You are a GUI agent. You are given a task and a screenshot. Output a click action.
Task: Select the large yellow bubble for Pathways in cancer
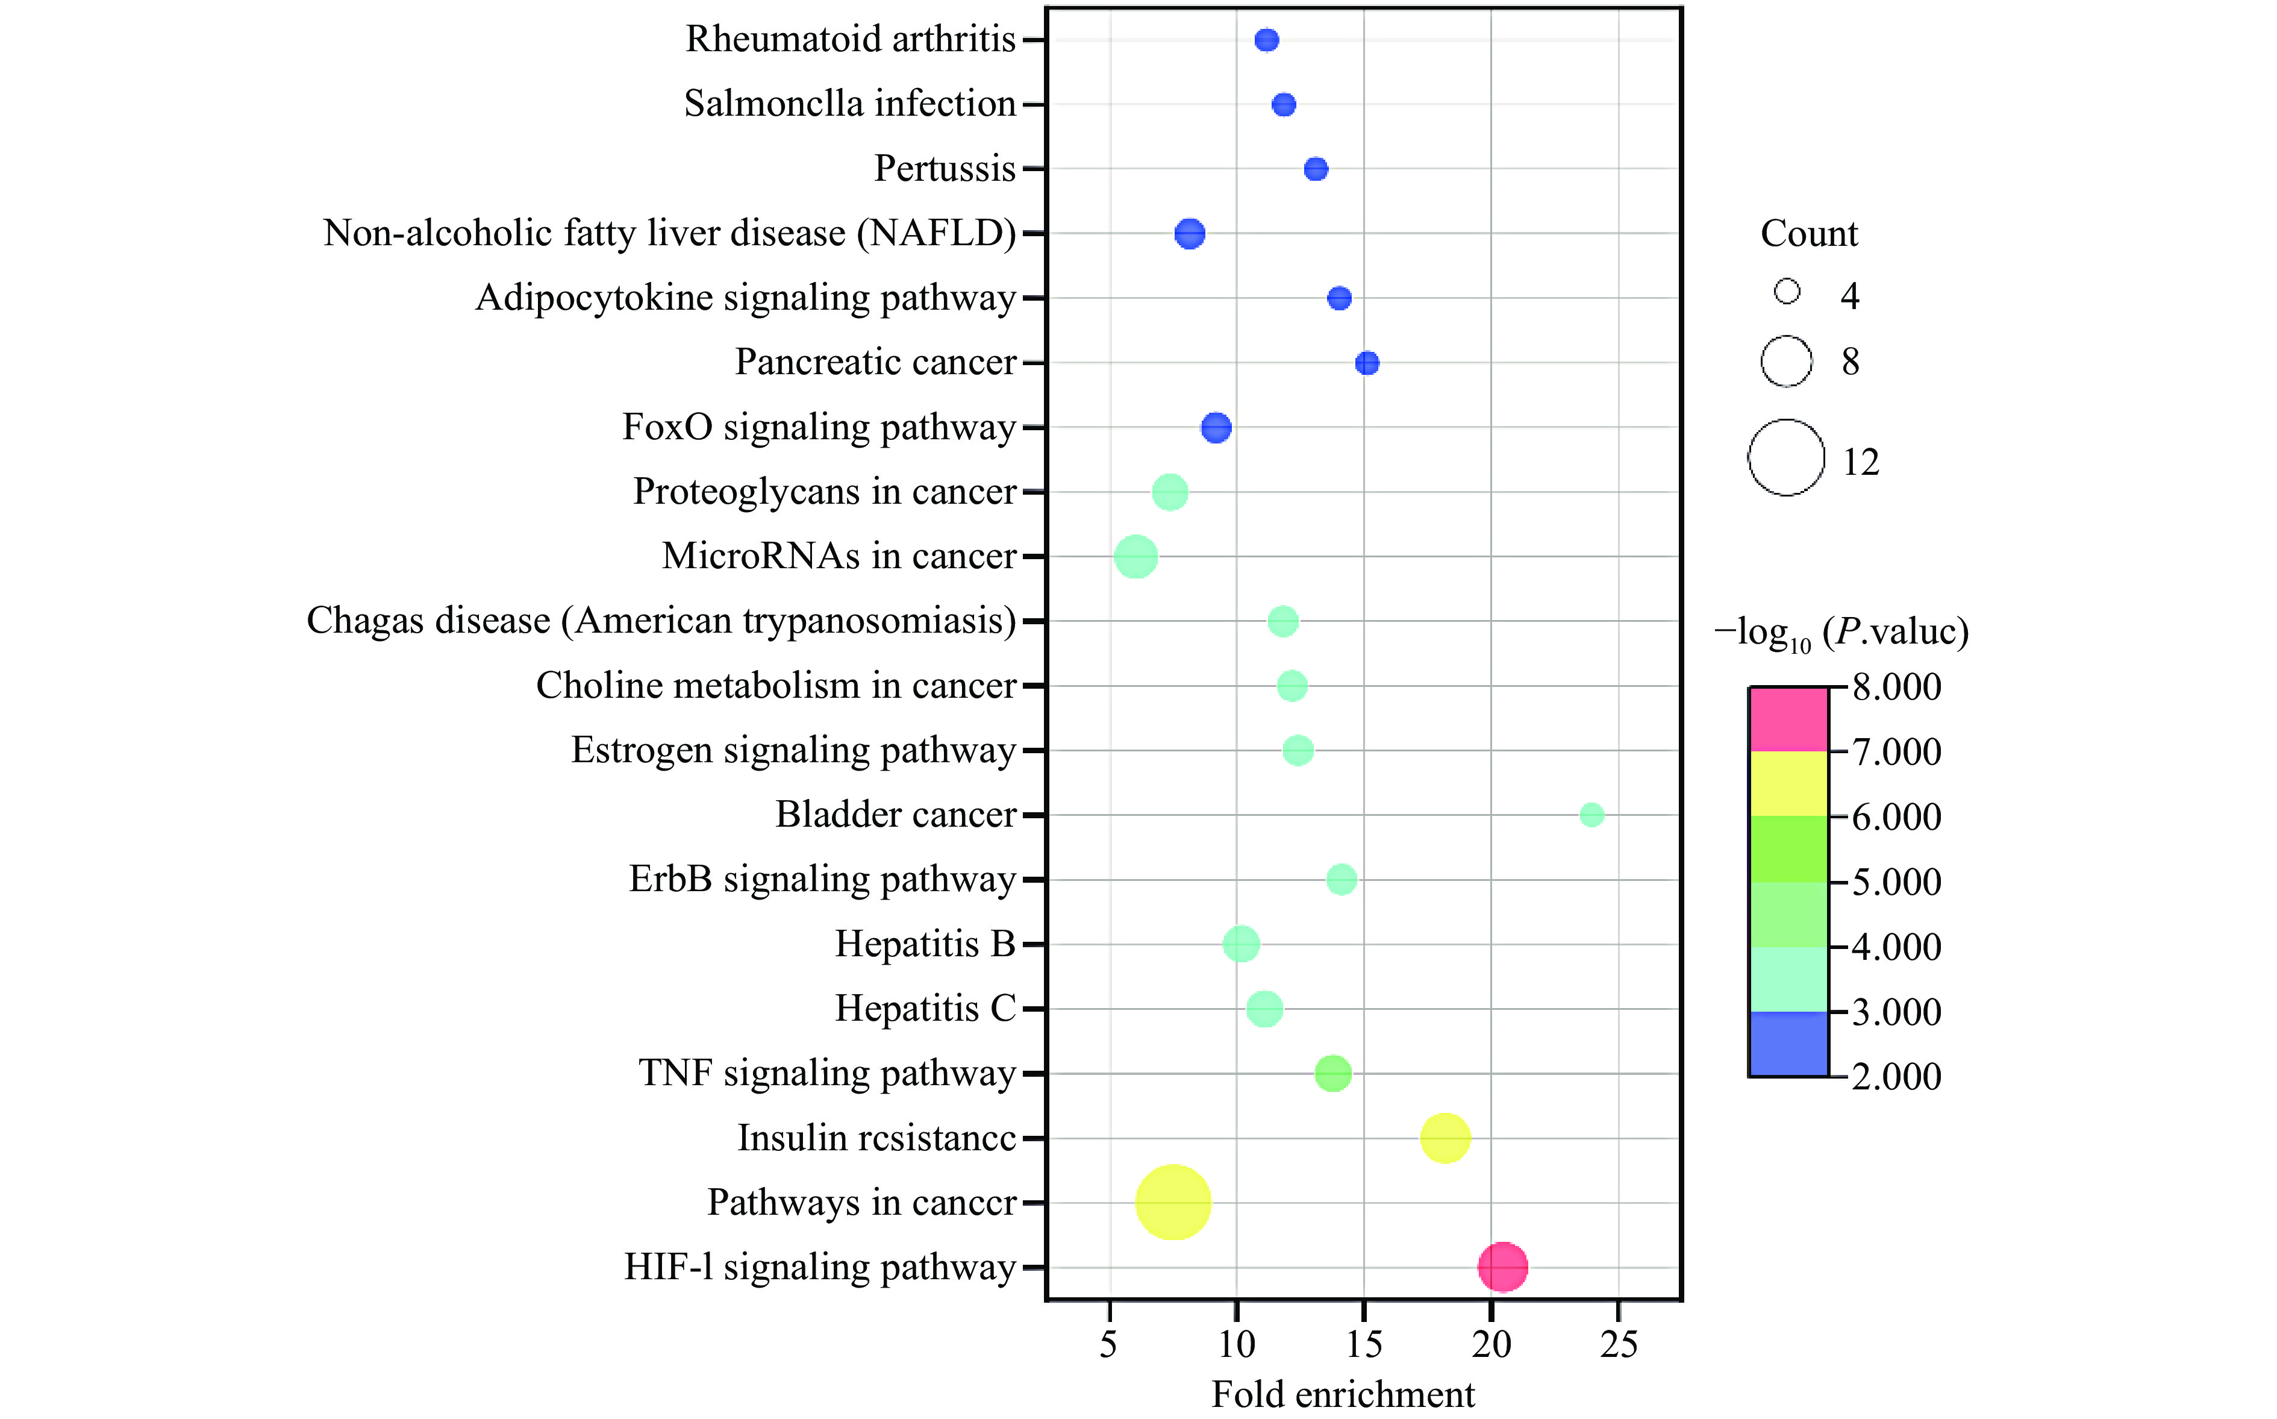pos(1173,1202)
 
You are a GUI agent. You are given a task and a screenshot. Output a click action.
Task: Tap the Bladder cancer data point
pos(1591,815)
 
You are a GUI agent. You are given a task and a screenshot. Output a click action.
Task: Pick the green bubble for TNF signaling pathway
pos(1333,1073)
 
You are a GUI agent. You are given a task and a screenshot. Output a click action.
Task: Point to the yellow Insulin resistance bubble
pos(1445,1138)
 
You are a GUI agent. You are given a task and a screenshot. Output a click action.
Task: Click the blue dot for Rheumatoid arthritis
pos(1267,39)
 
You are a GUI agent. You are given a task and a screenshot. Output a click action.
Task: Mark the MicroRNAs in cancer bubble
pos(1135,557)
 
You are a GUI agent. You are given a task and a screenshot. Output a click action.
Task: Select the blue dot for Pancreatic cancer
pos(1367,363)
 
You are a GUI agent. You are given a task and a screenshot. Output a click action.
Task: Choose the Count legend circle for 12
pos(1785,457)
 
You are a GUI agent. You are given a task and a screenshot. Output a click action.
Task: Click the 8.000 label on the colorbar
pos(1896,687)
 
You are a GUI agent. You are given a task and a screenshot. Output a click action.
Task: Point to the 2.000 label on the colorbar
pos(1896,1076)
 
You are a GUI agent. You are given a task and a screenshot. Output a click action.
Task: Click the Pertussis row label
pos(945,169)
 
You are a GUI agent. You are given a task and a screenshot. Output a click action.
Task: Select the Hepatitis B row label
pos(925,944)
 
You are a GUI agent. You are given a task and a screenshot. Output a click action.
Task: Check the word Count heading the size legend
pos(1808,234)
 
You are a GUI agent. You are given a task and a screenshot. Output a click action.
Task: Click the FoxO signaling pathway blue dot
pos(1216,428)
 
